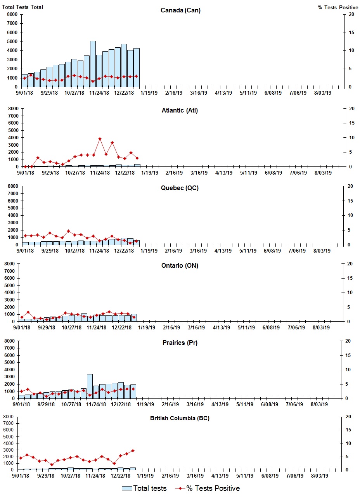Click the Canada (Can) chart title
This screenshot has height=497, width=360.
tap(180, 10)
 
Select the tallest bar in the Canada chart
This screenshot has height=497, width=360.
tap(93, 64)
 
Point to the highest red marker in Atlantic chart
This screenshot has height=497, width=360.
tap(100, 139)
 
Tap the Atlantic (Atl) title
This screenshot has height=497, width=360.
tap(180, 111)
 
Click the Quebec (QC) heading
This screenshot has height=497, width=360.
tap(180, 188)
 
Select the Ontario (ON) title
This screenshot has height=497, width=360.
tap(180, 266)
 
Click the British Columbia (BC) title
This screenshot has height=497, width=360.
tap(180, 418)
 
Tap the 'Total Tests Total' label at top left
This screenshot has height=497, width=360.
tap(22, 7)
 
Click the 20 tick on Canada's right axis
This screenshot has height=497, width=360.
tap(351, 14)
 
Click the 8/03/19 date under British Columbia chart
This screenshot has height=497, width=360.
tap(320, 476)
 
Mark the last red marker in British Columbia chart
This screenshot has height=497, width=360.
tap(133, 450)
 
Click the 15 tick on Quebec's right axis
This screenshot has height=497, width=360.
tap(351, 201)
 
